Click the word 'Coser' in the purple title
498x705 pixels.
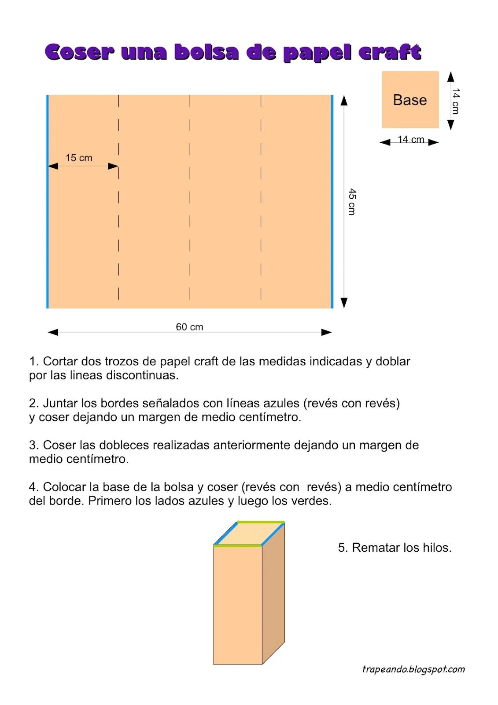click(80, 52)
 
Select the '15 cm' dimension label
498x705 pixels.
click(79, 158)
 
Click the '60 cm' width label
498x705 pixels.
click(189, 327)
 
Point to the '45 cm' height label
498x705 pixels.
click(352, 201)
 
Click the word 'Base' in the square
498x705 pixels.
click(410, 100)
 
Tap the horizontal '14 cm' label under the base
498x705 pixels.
click(411, 139)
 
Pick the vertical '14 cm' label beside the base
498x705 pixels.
click(456, 101)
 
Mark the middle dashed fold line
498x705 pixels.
click(190, 198)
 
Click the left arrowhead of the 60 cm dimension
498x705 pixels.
click(53, 332)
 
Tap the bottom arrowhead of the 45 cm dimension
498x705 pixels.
click(344, 303)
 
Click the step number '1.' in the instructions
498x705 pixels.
click(34, 361)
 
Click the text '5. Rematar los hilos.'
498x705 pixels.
click(395, 548)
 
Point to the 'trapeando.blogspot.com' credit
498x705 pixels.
click(413, 669)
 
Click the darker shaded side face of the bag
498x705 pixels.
click(273, 595)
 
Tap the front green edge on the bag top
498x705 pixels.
click(238, 545)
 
